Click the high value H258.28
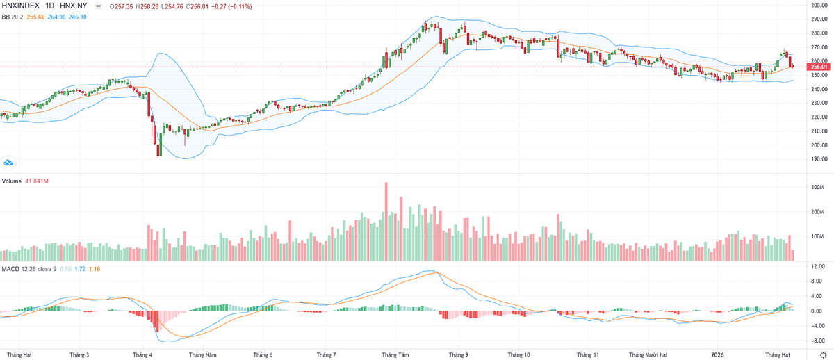[x=145, y=6]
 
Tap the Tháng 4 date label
[x=142, y=354]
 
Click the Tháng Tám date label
[x=394, y=354]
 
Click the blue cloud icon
[x=9, y=163]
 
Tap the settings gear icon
[x=824, y=354]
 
